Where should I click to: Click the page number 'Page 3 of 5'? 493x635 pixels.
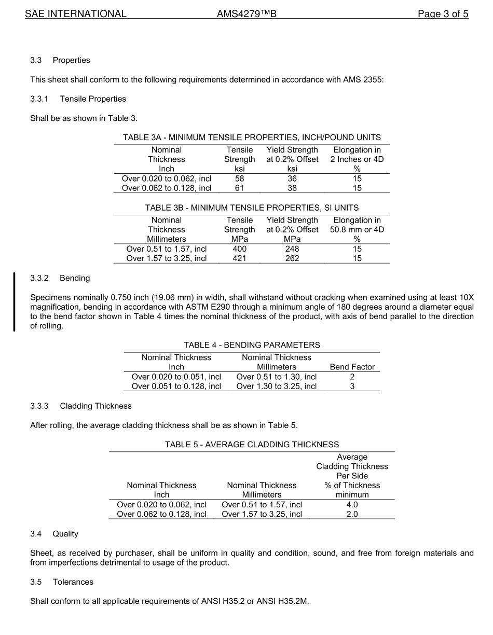[x=443, y=14]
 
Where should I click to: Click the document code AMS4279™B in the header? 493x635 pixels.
[x=246, y=14]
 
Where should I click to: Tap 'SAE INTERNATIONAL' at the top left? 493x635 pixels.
[x=76, y=14]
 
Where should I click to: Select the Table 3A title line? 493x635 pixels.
[x=252, y=137]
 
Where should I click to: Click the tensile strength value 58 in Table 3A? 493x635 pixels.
[x=239, y=178]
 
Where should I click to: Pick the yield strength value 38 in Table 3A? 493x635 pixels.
[x=292, y=188]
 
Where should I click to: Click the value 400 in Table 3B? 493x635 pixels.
[x=239, y=249]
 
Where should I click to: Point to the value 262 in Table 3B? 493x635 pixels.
[x=292, y=258]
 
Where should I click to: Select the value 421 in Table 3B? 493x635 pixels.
[x=239, y=258]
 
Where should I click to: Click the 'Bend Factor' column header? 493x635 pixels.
[x=352, y=367]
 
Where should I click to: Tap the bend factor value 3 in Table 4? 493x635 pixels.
[x=352, y=386]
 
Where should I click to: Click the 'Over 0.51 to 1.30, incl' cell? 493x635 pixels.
[x=276, y=377]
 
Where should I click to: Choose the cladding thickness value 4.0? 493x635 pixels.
[x=352, y=505]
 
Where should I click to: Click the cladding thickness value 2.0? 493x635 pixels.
[x=352, y=514]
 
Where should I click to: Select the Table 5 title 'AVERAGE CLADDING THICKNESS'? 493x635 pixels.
[x=252, y=445]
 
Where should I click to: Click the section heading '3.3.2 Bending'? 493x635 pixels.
[x=60, y=278]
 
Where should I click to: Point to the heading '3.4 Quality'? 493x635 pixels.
[x=54, y=534]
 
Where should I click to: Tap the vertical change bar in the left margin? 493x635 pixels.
[x=14, y=301]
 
